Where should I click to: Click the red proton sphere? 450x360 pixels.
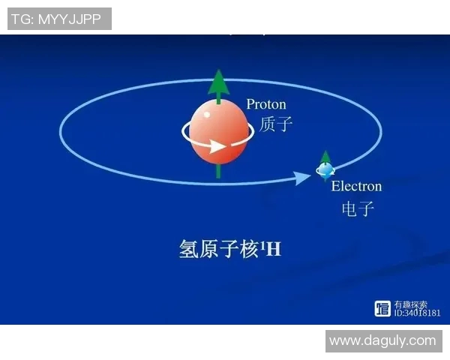pos(217,130)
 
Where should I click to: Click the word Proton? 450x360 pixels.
pos(266,104)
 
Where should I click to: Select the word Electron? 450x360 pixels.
pos(356,186)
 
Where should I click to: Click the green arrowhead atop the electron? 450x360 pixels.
pos(325,156)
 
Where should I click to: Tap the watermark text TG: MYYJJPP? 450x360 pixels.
pos(59,19)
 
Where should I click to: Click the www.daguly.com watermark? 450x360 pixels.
pos(382,340)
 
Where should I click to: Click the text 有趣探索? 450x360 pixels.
pos(411,304)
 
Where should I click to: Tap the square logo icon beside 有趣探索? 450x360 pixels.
pos(382,308)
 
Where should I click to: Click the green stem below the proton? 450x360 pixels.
pos(217,171)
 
